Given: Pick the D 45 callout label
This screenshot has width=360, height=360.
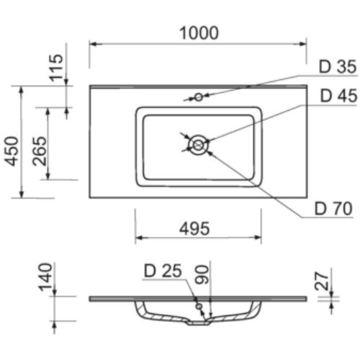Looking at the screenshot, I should point(336,96).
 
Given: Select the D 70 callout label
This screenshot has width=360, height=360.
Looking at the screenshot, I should point(332,210).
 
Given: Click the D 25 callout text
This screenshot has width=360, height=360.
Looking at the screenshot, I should point(162,271).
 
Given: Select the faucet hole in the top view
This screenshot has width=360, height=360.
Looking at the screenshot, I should point(198,96).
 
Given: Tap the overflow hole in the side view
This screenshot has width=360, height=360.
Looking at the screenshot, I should point(199,305).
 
